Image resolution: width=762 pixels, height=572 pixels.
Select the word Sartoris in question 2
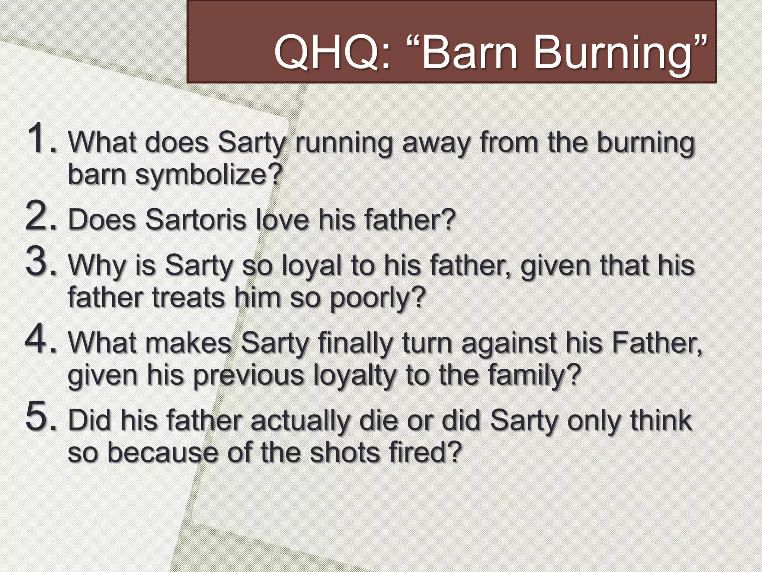point(195,220)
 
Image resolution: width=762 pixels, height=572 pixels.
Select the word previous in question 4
point(249,376)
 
